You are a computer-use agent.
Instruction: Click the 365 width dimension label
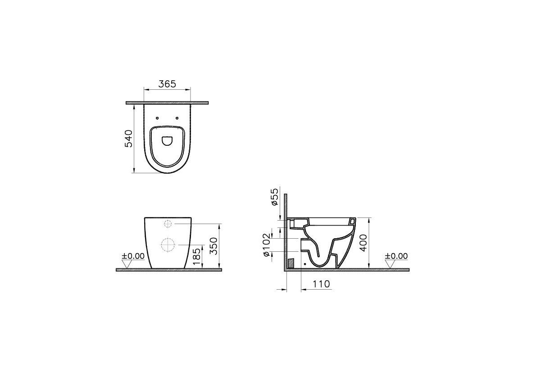pos(168,84)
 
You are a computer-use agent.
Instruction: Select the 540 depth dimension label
pos(128,139)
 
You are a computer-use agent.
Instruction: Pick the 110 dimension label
pos(321,284)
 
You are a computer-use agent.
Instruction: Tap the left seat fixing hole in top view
pos(157,118)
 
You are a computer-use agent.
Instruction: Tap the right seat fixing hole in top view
pos(177,118)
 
